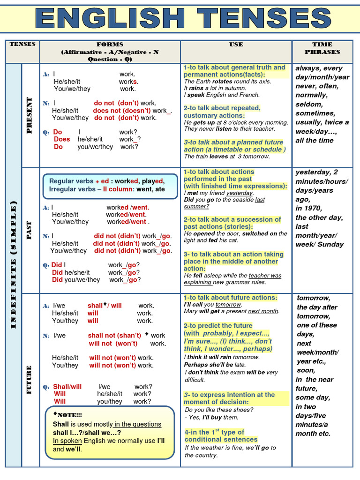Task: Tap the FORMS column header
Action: (x=110, y=45)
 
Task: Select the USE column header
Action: (x=236, y=45)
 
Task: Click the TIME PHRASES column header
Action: (x=322, y=48)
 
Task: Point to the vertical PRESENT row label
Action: (x=30, y=115)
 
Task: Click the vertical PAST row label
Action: (x=30, y=230)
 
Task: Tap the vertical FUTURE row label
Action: (x=30, y=380)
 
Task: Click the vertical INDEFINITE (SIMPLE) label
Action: (x=13, y=265)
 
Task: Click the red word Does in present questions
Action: (x=62, y=139)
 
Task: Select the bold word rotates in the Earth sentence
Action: (x=222, y=82)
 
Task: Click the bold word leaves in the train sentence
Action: (x=218, y=157)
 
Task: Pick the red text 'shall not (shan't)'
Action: (x=114, y=336)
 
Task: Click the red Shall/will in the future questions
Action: (x=67, y=387)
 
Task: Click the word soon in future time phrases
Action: (x=306, y=370)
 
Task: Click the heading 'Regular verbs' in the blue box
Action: (x=71, y=181)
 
